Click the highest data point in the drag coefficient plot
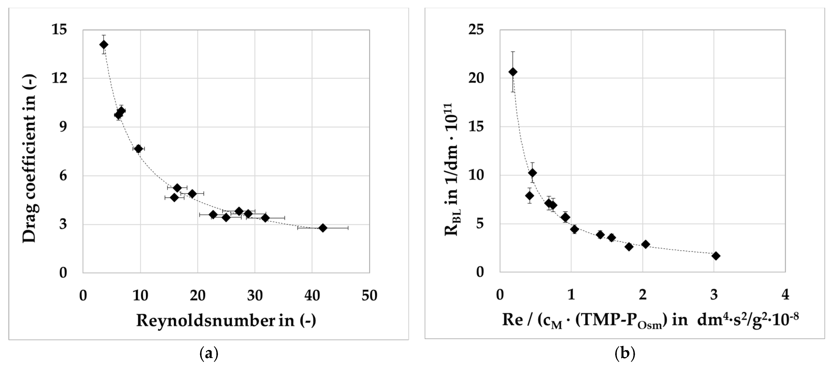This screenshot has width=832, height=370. tap(104, 44)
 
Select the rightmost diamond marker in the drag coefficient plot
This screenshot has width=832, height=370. tap(323, 228)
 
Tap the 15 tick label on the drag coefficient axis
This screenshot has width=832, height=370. tap(59, 30)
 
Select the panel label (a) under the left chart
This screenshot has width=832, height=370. tap(209, 354)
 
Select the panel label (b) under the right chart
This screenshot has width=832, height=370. tap(625, 354)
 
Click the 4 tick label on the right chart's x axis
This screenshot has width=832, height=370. tap(785, 295)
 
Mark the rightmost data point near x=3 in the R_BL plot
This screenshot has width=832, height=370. tap(716, 256)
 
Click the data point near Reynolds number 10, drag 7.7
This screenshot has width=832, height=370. tap(138, 149)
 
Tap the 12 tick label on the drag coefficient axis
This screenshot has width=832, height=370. tap(59, 78)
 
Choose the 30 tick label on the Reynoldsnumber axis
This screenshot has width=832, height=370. tap(255, 296)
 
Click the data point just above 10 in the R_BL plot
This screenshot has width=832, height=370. tap(532, 173)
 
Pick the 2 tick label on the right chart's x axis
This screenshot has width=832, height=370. tap(642, 295)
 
